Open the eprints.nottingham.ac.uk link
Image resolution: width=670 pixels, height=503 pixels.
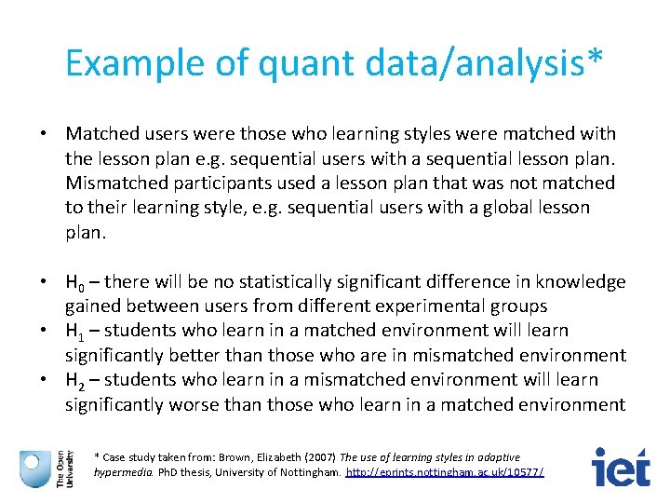tap(445, 472)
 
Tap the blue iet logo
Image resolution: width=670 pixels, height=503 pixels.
tap(621, 468)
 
